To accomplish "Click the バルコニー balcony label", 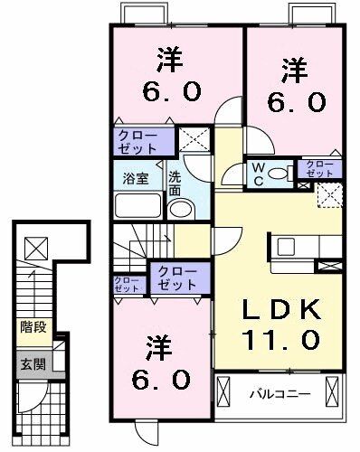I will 281,395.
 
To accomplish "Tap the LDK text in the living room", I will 280,310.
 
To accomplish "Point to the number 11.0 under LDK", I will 280,340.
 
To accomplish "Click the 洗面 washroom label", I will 174,184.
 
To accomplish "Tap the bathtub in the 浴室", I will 137,206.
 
